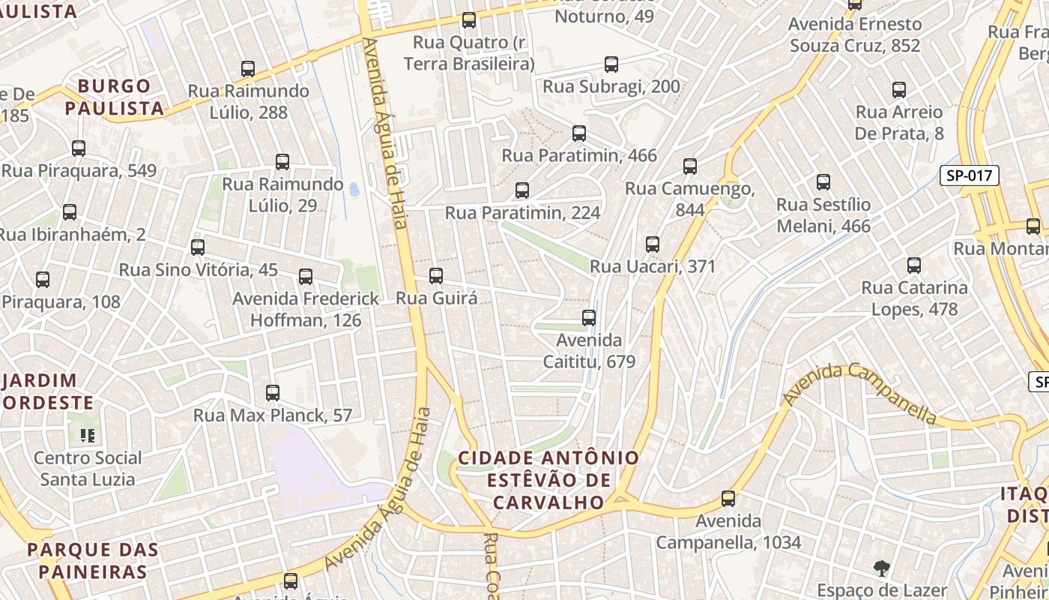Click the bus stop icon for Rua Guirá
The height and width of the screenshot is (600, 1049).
click(x=436, y=276)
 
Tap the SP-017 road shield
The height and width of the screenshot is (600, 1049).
click(x=969, y=176)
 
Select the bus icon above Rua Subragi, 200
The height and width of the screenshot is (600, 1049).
click(x=611, y=64)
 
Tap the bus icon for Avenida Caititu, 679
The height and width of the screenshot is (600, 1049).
click(x=589, y=318)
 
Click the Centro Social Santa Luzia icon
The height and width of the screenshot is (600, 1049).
click(x=88, y=435)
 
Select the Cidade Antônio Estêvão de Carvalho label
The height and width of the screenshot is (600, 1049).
click(x=548, y=480)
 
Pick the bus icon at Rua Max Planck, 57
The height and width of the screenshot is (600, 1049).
click(x=273, y=393)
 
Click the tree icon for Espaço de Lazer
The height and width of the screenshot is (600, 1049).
click(x=882, y=568)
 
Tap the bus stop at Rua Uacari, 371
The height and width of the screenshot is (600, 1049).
click(x=653, y=244)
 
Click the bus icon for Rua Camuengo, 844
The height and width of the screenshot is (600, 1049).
click(x=690, y=166)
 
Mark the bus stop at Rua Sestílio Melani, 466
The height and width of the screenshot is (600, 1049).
click(x=823, y=182)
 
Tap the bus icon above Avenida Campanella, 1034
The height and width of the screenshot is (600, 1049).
click(x=728, y=499)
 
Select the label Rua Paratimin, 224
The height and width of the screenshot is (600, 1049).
click(x=522, y=213)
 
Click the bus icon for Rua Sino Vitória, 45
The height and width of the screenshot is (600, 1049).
click(x=198, y=247)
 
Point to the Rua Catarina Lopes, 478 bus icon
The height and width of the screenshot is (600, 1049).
click(x=913, y=265)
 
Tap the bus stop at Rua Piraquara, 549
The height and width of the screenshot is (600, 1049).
click(x=79, y=148)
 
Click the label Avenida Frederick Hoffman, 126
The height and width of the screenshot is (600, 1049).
click(x=306, y=309)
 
